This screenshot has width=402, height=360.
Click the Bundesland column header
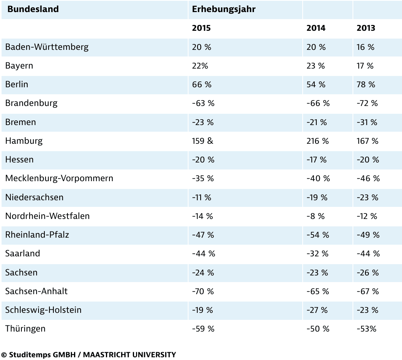pos(33,9)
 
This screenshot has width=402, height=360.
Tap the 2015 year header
pos(201,28)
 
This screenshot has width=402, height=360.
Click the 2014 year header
pos(316,28)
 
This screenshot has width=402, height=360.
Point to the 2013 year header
pos(366,28)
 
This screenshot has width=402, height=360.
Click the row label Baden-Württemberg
pos(47,47)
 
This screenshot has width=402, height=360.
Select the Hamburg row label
pos(24,141)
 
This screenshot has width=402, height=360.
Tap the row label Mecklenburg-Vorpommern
pos(59,178)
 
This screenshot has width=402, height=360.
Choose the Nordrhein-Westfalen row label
pos(47,216)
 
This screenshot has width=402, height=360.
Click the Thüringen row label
pos(25,329)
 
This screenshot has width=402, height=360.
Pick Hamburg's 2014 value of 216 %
pos(317,141)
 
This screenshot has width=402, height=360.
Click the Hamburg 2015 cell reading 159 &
pos(203,141)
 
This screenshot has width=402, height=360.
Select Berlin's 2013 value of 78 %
pos(366,85)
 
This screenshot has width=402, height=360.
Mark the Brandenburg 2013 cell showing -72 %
pos(367,103)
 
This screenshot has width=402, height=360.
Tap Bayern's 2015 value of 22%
pos(200,66)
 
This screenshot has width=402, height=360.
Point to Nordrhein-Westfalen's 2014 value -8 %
pos(315,216)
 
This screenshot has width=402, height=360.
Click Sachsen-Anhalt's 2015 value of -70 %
pos(203,291)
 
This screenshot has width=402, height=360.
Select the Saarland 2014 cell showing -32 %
pos(317,254)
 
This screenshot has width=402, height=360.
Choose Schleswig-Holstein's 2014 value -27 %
pos(317,310)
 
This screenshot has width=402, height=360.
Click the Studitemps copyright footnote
pos(88,355)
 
